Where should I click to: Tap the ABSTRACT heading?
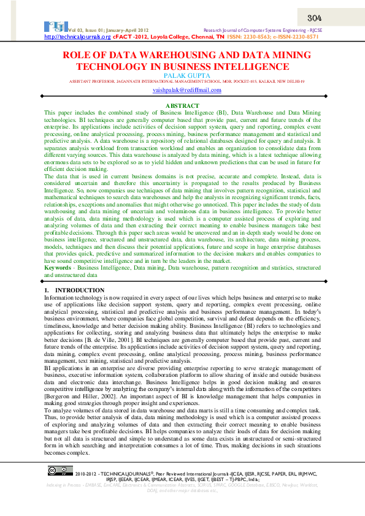183,106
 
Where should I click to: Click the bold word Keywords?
57,268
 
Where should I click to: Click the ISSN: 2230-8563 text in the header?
250,37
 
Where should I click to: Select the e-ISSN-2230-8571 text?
297,37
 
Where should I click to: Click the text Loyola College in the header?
163,37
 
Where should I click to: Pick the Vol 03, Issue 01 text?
91,30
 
